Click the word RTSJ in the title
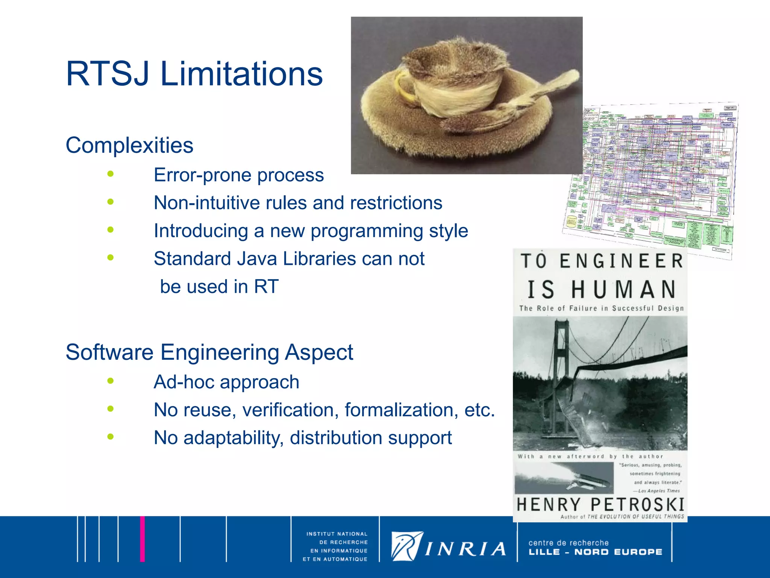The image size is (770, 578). pyautogui.click(x=107, y=74)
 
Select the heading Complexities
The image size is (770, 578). pyautogui.click(x=129, y=145)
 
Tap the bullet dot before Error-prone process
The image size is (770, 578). pyautogui.click(x=110, y=174)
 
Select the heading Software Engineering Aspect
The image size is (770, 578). pyautogui.click(x=209, y=353)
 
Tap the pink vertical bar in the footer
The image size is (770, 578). pyautogui.click(x=142, y=539)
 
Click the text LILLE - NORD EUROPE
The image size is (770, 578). pyautogui.click(x=595, y=552)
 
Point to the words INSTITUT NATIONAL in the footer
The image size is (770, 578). pyautogui.click(x=336, y=534)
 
